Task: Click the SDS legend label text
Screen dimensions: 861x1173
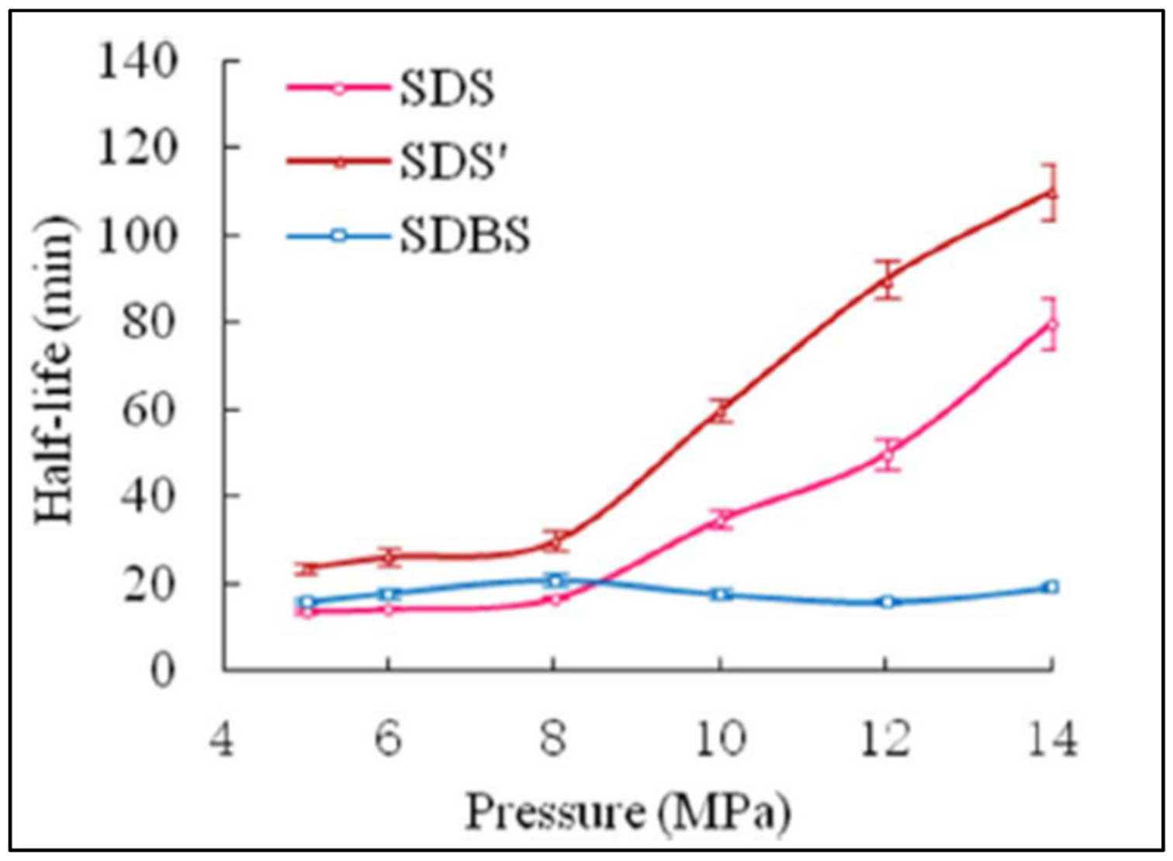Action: click(x=446, y=88)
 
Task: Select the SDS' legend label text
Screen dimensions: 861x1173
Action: click(x=453, y=161)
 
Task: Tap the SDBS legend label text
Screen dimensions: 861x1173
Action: click(x=465, y=235)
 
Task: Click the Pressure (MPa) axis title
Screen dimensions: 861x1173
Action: click(x=627, y=812)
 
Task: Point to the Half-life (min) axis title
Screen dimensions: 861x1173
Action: click(x=54, y=368)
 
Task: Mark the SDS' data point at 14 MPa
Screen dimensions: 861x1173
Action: click(x=1050, y=193)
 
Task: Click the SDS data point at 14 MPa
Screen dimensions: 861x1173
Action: click(x=1050, y=325)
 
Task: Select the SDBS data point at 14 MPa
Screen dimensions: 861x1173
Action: click(x=1050, y=587)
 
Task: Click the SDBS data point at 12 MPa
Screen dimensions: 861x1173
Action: click(x=887, y=602)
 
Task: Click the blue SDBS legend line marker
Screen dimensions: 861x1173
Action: click(x=338, y=235)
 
